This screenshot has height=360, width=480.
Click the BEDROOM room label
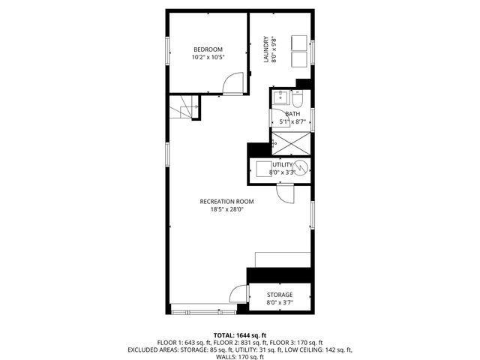point(207,49)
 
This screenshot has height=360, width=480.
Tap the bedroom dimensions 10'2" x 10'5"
point(207,57)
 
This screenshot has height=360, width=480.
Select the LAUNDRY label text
point(265,49)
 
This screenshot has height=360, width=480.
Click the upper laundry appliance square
point(298,43)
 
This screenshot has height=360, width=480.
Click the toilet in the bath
point(296,100)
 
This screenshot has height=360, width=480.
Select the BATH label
point(292,114)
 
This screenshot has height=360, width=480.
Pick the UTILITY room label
point(283,164)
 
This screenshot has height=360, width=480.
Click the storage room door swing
point(238,294)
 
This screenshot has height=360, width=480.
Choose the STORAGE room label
point(280,295)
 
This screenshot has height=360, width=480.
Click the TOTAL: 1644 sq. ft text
point(240,334)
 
